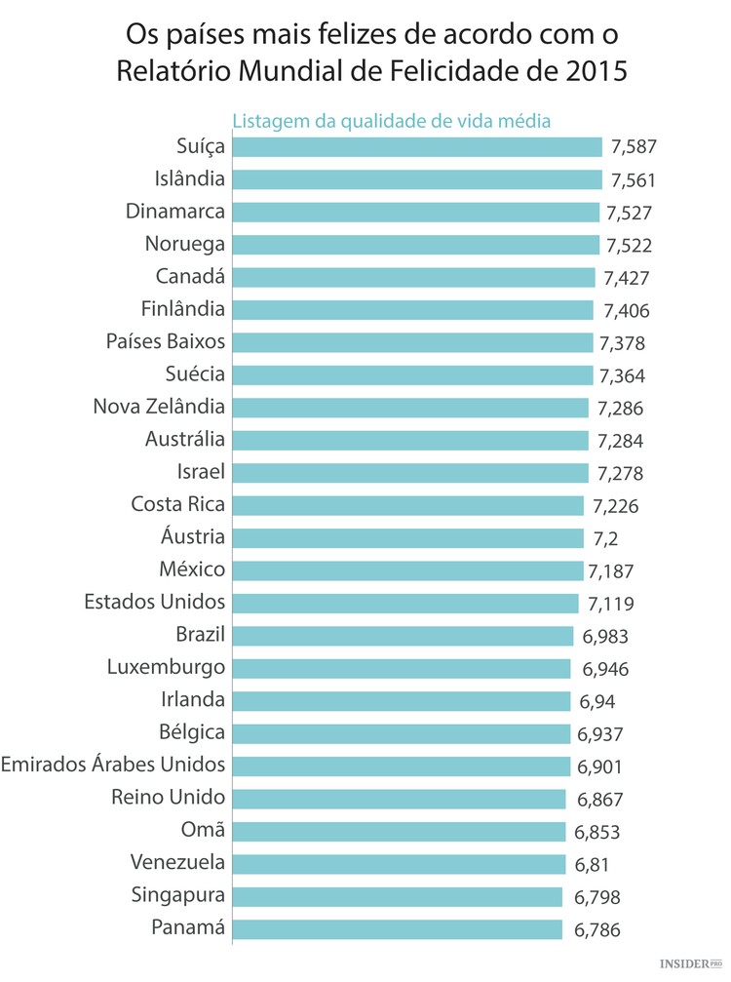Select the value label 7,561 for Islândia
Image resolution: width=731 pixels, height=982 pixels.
(x=633, y=180)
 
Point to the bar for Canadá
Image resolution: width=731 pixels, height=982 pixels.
(x=413, y=277)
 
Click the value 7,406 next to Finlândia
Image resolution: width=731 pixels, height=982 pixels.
(x=626, y=311)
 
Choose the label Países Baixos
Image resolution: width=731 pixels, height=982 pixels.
(x=166, y=342)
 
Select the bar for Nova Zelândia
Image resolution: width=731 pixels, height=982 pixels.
(x=410, y=408)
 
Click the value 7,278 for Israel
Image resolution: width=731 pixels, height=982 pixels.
(x=620, y=474)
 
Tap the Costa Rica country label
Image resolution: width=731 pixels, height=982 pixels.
(x=178, y=505)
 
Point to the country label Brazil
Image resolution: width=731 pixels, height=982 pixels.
(x=201, y=635)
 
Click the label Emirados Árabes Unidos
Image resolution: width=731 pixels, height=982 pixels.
(x=113, y=765)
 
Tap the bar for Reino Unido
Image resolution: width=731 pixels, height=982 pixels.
(x=400, y=799)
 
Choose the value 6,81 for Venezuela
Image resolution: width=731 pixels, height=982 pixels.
(x=595, y=865)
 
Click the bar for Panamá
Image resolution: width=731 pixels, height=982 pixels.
(x=398, y=928)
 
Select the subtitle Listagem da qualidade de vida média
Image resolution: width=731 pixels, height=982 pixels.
(x=392, y=121)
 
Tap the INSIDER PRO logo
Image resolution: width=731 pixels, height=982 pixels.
(x=691, y=963)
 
